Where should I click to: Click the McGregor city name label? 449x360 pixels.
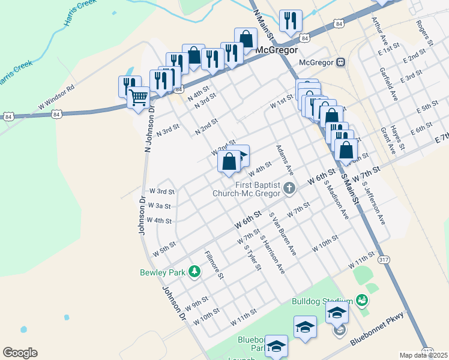point(277,50)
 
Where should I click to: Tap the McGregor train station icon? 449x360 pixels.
point(340,62)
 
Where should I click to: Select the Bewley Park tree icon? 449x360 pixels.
point(194,272)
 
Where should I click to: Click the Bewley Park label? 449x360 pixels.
point(163,272)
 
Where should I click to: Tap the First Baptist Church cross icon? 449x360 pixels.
point(289,189)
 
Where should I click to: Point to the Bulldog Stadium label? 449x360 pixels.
point(322,301)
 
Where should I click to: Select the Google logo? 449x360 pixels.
point(20,353)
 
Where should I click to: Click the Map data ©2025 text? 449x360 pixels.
point(423,355)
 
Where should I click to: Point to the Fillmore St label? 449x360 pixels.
point(214,265)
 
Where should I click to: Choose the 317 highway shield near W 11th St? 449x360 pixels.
point(384,260)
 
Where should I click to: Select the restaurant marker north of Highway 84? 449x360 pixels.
point(291,22)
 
